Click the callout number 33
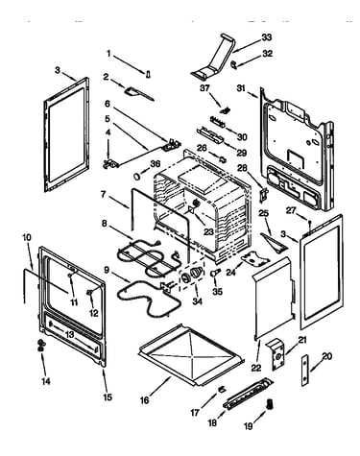point(266,37)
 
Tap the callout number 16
point(145,400)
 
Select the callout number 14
point(46,381)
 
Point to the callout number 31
point(241,88)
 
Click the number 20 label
point(327,356)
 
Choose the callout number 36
point(156,163)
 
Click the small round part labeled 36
point(137,177)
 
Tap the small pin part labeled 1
point(148,74)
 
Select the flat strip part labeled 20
point(305,371)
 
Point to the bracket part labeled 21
point(277,354)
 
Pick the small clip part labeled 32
point(234,64)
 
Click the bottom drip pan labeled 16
point(191,353)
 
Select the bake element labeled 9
point(146,298)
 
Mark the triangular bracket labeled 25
point(275,242)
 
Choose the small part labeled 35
point(216,273)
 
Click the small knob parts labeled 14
point(41,346)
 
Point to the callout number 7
point(103,195)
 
